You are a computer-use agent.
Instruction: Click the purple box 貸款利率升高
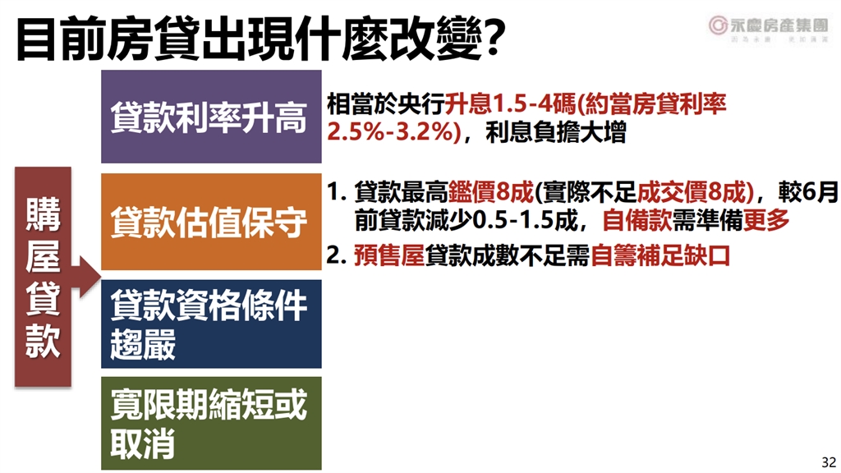coord(210,117)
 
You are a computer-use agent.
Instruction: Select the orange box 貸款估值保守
coord(210,222)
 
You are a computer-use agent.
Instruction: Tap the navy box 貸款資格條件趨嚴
coord(210,324)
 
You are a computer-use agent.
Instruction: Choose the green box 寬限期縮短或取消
coord(210,423)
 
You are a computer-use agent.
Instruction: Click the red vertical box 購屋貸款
coord(44,275)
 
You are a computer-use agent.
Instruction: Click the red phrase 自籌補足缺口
coord(660,255)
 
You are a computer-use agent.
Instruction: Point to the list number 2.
coord(334,255)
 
